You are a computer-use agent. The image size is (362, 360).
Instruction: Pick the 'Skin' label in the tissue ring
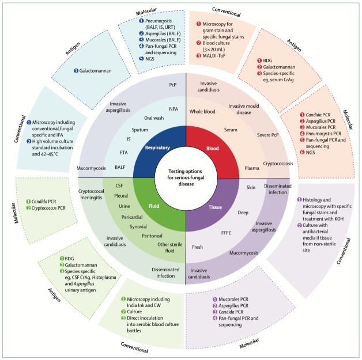click(x=251, y=188)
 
